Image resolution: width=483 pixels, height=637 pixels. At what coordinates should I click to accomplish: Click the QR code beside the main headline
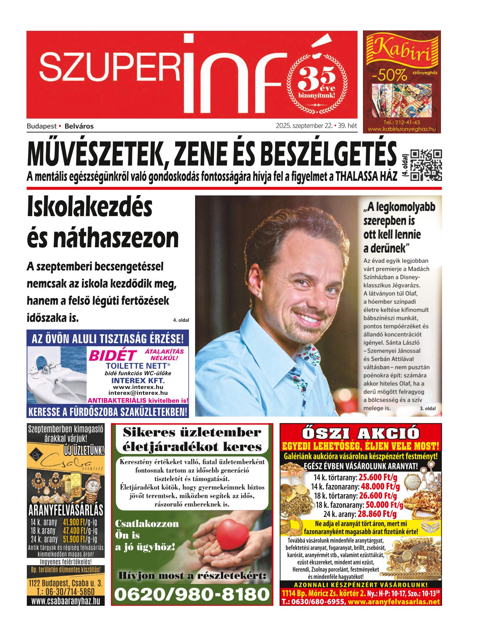426,165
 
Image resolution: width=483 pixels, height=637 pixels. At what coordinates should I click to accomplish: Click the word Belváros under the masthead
79,127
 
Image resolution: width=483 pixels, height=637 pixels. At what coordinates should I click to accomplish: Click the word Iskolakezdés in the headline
90,208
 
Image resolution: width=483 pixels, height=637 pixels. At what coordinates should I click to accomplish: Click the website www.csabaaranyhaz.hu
65,601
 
